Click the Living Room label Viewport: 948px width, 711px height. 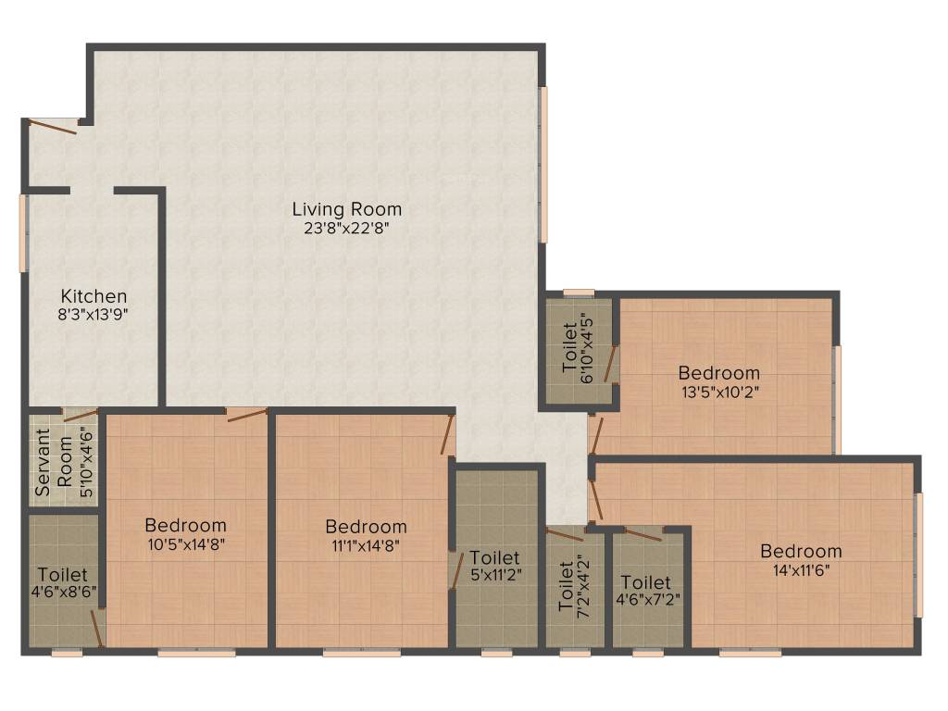coord(347,209)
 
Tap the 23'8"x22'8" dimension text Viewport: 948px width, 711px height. coord(346,229)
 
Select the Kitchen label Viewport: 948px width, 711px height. coord(94,296)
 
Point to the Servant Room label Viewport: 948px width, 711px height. coord(54,463)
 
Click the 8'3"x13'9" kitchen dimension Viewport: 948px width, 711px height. coord(94,315)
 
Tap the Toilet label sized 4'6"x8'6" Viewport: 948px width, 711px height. coord(63,574)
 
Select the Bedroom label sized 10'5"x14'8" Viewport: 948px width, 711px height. coord(185,525)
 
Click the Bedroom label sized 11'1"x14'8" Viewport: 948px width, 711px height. coord(366,526)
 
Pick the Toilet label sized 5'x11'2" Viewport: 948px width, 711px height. coord(494,557)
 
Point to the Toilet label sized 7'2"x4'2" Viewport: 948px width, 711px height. coord(566,586)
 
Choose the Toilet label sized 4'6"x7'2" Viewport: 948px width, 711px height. coord(645,582)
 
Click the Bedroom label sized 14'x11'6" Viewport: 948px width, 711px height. coord(801,551)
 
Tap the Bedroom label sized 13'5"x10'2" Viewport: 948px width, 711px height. coord(718,372)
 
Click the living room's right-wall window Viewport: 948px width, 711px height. coord(543,165)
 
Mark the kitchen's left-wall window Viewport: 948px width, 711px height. coord(23,232)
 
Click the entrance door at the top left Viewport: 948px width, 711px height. coord(52,126)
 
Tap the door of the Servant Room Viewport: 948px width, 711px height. coord(80,414)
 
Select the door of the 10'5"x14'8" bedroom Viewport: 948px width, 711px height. coord(246,414)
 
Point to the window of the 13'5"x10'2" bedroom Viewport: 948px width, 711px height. coord(837,400)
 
